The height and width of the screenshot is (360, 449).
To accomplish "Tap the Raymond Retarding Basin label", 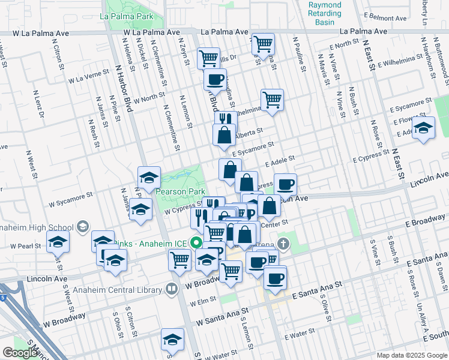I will pyautogui.click(x=324, y=13).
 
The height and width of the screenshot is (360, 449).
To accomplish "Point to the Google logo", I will pyautogui.click(x=19, y=352).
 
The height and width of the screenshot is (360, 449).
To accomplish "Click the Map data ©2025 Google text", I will pyautogui.click(x=411, y=355).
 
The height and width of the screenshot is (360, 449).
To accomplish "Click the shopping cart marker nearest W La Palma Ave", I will pyautogui.click(x=263, y=44).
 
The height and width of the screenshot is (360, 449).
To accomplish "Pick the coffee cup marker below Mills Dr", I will pyautogui.click(x=214, y=79).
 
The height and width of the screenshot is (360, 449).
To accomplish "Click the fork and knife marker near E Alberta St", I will pyautogui.click(x=225, y=121).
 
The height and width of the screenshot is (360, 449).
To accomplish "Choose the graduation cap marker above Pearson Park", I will pyautogui.click(x=149, y=178).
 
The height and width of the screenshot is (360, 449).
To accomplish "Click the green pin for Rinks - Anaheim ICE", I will pyautogui.click(x=196, y=242).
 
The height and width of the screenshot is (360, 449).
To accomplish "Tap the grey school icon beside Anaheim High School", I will pyautogui.click(x=82, y=227).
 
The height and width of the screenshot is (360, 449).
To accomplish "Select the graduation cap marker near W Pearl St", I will pyautogui.click(x=58, y=242).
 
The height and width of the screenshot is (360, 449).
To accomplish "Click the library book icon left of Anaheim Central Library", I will pyautogui.click(x=173, y=289).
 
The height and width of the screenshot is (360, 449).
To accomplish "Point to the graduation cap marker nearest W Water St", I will pyautogui.click(x=172, y=339).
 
